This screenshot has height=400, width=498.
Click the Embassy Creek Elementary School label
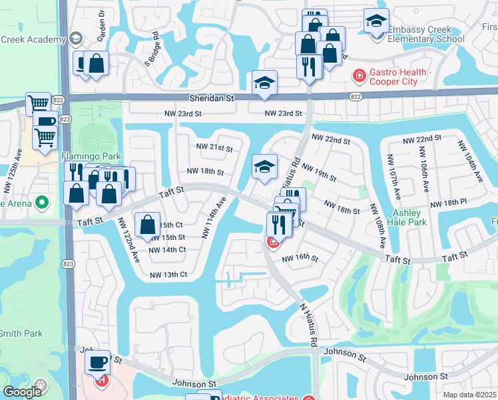(x=426, y=35)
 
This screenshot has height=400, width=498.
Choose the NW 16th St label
(x=300, y=258)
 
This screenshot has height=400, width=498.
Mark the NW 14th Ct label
(x=167, y=250)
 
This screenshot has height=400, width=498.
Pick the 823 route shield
(x=65, y=119)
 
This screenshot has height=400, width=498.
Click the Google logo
(x=22, y=392)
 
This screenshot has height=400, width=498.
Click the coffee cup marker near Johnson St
(x=98, y=362)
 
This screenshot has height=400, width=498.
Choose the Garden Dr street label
(x=102, y=23)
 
